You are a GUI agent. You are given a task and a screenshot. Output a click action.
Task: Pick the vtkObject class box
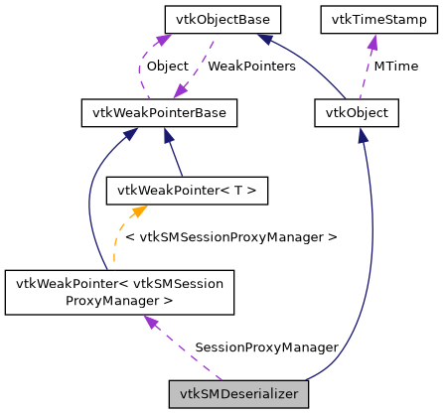tap(356, 114)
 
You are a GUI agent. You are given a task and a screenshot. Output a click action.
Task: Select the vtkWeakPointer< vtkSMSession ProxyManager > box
tap(119, 292)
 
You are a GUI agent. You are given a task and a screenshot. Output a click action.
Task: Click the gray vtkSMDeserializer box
tap(239, 394)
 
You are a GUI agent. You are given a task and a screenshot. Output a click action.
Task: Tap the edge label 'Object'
tap(167, 67)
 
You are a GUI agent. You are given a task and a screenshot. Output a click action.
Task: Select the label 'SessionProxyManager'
tap(266, 347)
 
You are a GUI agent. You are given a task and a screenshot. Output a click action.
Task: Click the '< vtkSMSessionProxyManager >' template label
tap(230, 237)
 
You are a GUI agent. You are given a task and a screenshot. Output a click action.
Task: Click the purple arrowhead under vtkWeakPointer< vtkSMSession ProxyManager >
tap(150, 321)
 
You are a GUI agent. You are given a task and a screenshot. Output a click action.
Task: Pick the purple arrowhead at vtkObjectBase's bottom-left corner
tap(156, 39)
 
